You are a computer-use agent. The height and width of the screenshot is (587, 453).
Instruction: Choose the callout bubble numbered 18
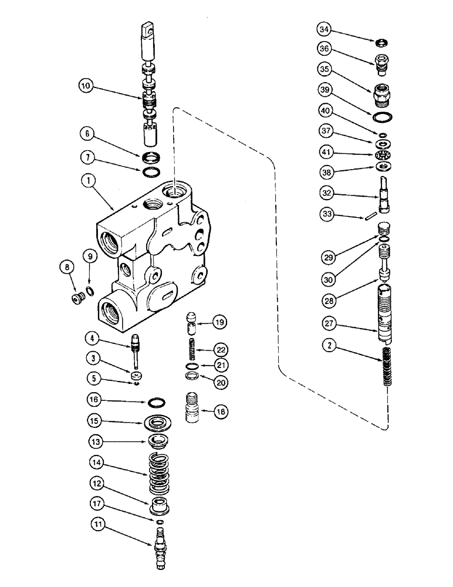click(x=220, y=413)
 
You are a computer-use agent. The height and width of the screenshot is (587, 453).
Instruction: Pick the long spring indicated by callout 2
click(x=385, y=367)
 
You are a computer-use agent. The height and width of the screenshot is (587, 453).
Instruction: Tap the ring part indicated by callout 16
click(x=155, y=403)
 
